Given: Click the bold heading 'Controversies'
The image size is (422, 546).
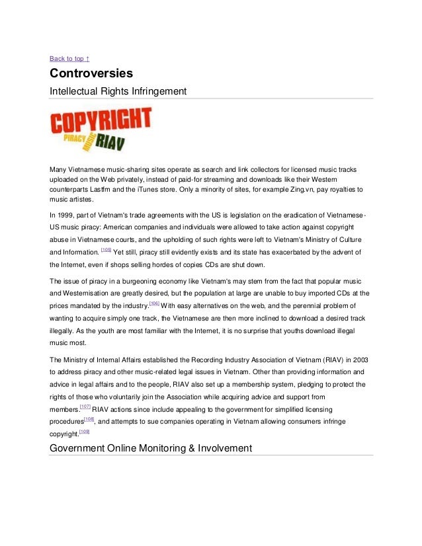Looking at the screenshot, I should pos(91,73).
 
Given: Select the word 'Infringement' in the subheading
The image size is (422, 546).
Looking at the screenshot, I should pos(156,91).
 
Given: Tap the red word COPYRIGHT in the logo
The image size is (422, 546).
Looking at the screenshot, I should pos(101,122).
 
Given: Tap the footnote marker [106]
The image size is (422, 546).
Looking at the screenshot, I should pos(154,303).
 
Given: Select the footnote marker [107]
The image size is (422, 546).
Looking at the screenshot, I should pos(85,406).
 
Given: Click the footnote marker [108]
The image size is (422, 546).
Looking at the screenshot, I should pos(90,418).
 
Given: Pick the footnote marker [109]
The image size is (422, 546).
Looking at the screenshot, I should pos(83,432).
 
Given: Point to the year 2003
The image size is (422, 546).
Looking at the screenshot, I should pos(359,359).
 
